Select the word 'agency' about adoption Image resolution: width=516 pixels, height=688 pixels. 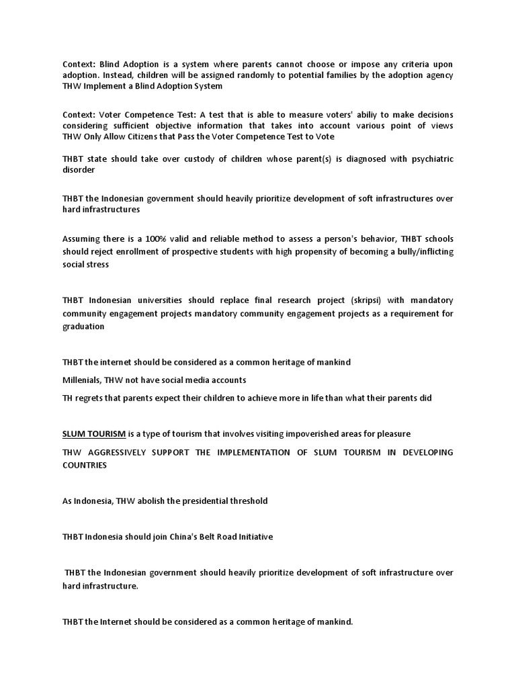point(437,75)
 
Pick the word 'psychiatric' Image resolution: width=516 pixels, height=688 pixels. point(427,159)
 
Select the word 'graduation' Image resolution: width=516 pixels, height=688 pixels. point(83,327)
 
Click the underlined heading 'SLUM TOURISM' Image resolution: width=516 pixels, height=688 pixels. point(94,433)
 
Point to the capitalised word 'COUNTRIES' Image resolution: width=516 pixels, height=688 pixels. point(85,465)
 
